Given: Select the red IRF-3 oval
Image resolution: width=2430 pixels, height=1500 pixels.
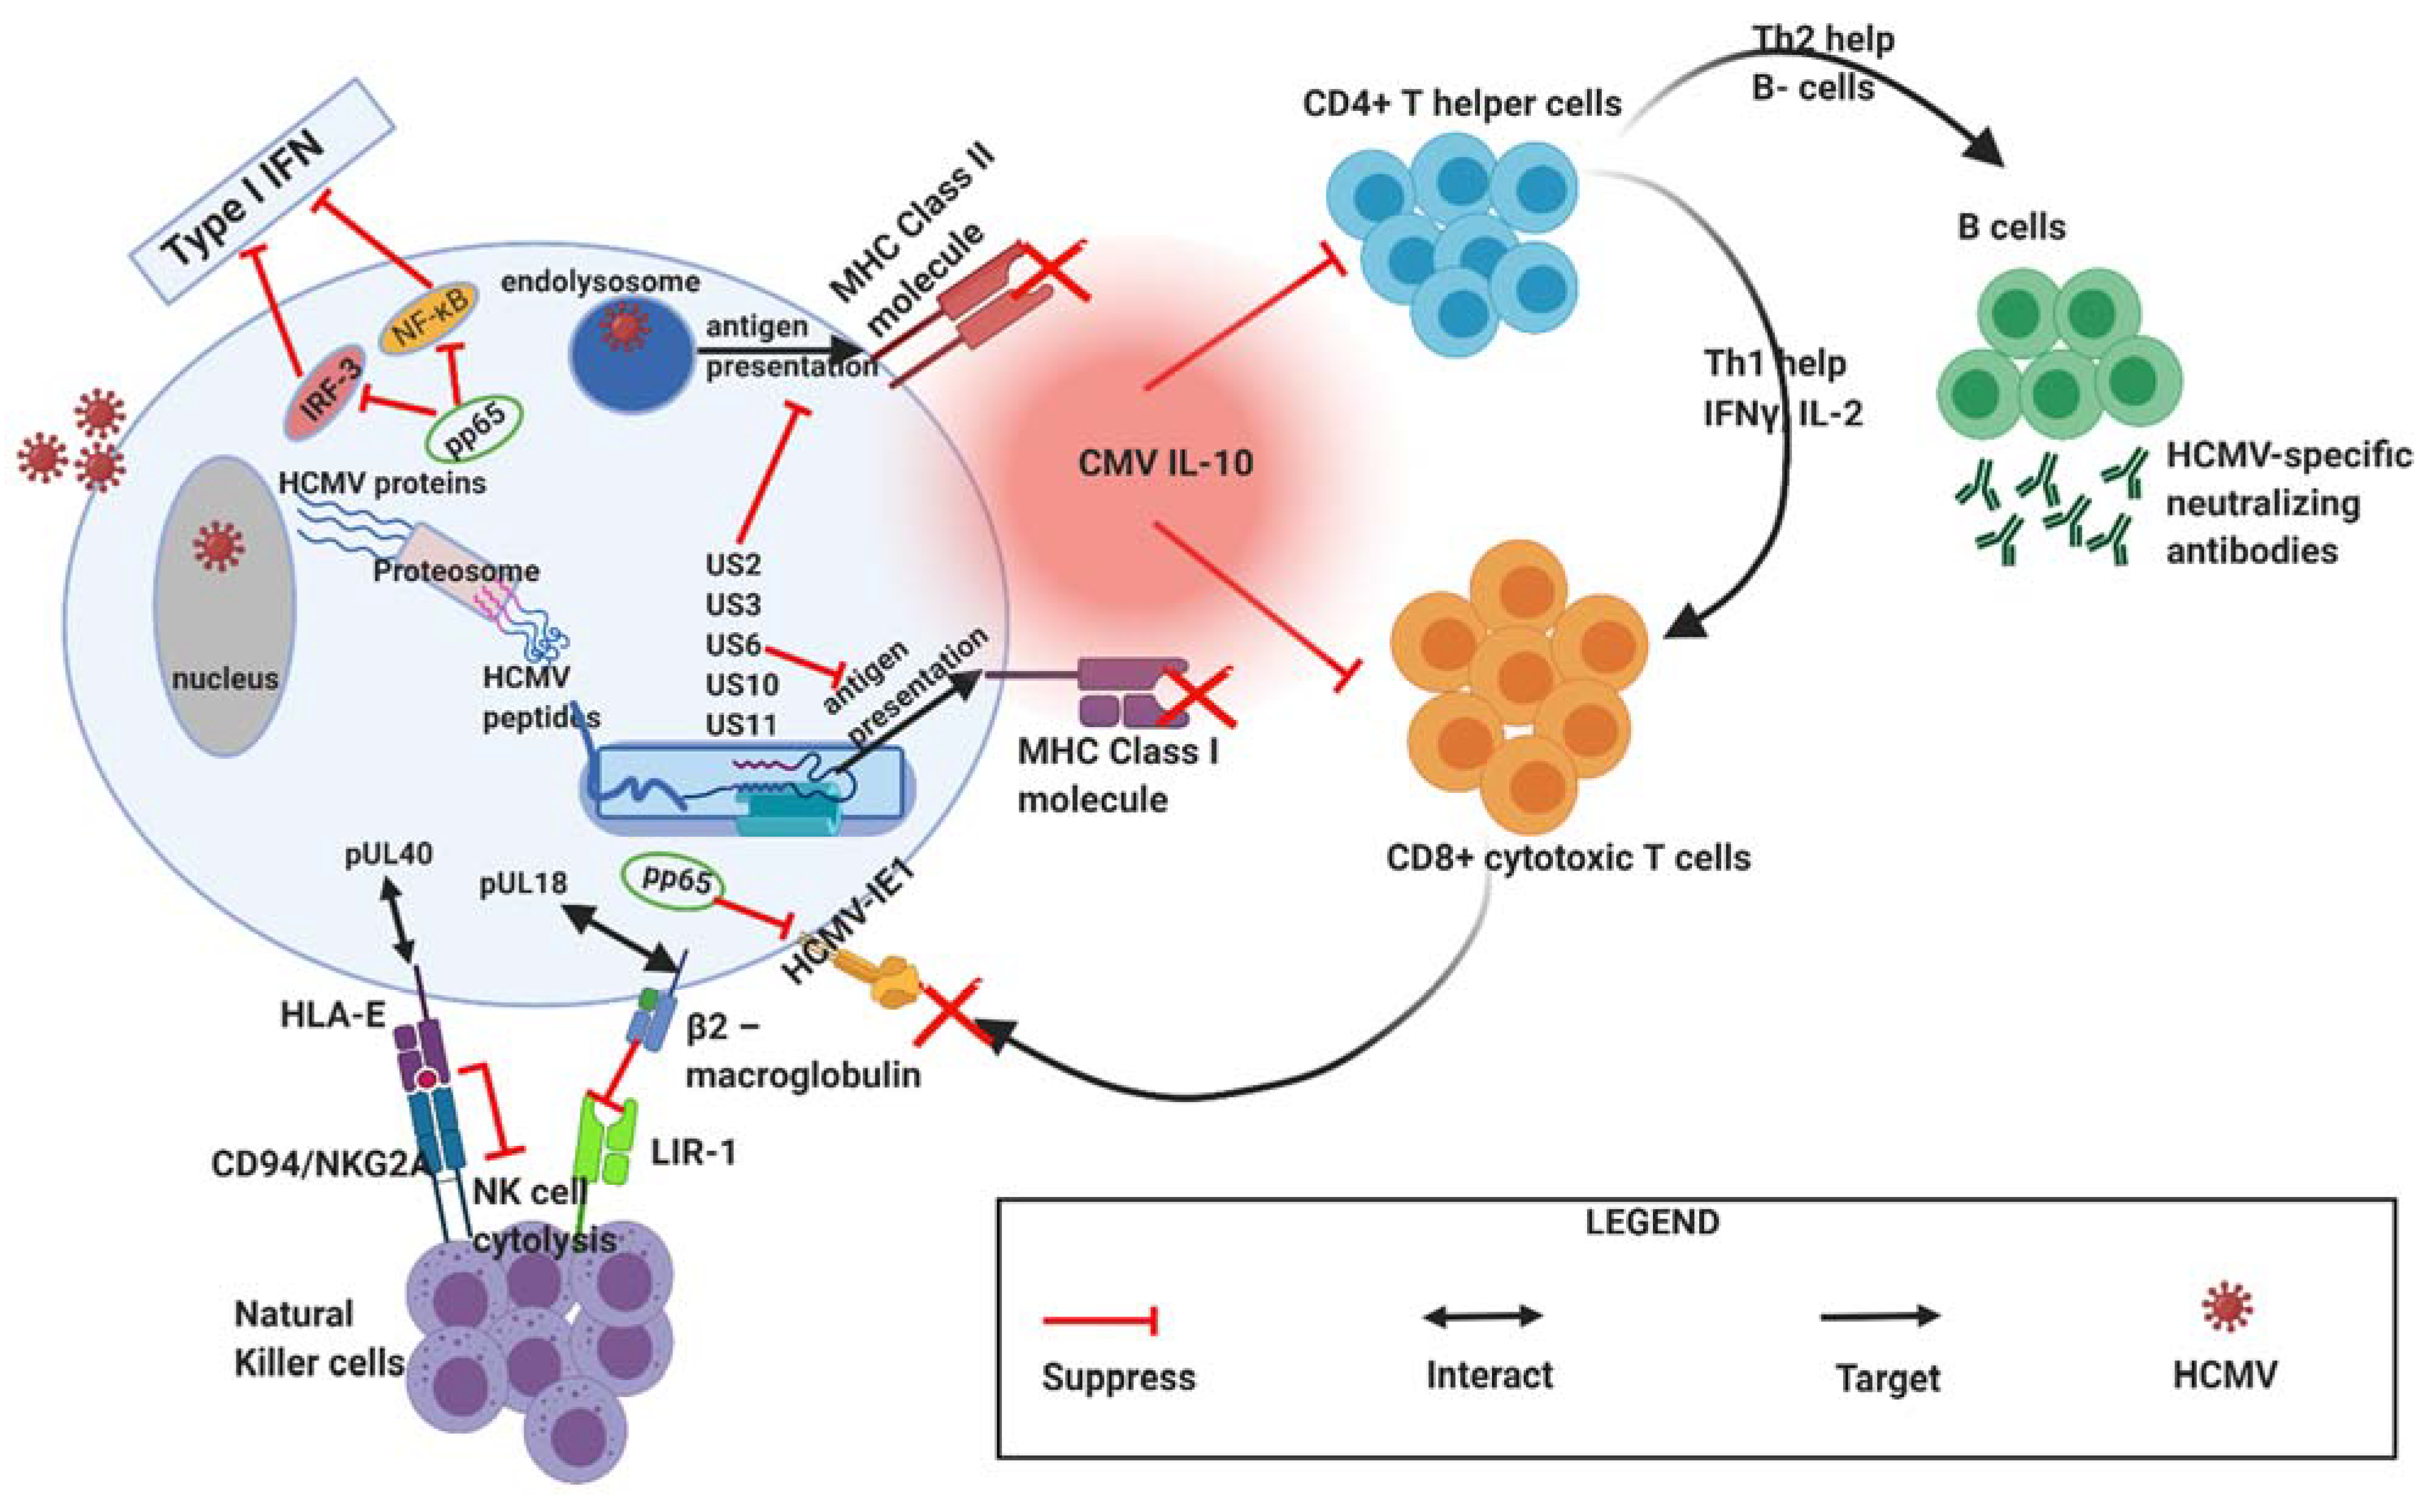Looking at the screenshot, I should (324, 391).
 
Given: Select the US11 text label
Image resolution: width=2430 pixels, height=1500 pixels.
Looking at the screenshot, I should (740, 725).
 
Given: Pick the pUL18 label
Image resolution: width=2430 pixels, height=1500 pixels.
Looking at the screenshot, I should (523, 883).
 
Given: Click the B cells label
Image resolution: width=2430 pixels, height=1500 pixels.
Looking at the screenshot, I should (2011, 227).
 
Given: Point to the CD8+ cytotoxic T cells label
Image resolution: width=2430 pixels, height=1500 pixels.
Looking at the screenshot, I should (1567, 857).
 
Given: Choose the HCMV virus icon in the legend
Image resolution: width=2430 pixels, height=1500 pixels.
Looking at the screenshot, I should (2226, 1307).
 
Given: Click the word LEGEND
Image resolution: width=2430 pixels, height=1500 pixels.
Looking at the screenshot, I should (1652, 1222).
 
